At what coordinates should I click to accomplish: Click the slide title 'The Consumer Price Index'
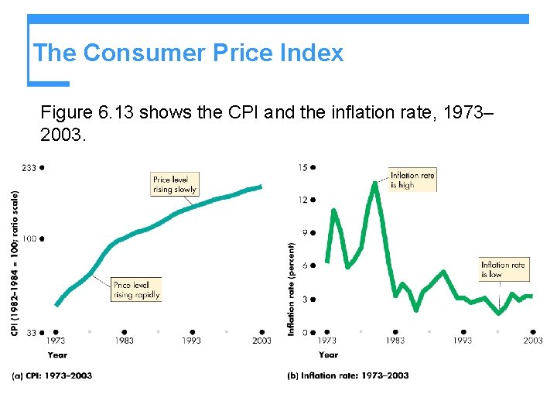(x=188, y=53)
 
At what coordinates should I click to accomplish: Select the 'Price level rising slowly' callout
(x=175, y=184)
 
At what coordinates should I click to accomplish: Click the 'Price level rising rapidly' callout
(x=136, y=290)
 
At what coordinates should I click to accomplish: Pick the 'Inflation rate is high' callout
(x=412, y=180)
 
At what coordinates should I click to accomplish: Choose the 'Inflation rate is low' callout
(x=503, y=269)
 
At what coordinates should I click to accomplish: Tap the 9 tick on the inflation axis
(x=305, y=232)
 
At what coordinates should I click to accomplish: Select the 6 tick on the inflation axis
(x=305, y=266)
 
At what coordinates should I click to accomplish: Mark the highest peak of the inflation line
(x=376, y=183)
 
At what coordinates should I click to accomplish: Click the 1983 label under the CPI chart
(x=124, y=341)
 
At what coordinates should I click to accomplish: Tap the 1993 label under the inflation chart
(x=462, y=341)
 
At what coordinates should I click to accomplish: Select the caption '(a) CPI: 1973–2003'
(x=52, y=375)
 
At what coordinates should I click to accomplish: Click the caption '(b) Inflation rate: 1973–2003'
(x=347, y=375)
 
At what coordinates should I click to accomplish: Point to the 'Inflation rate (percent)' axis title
(x=292, y=289)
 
